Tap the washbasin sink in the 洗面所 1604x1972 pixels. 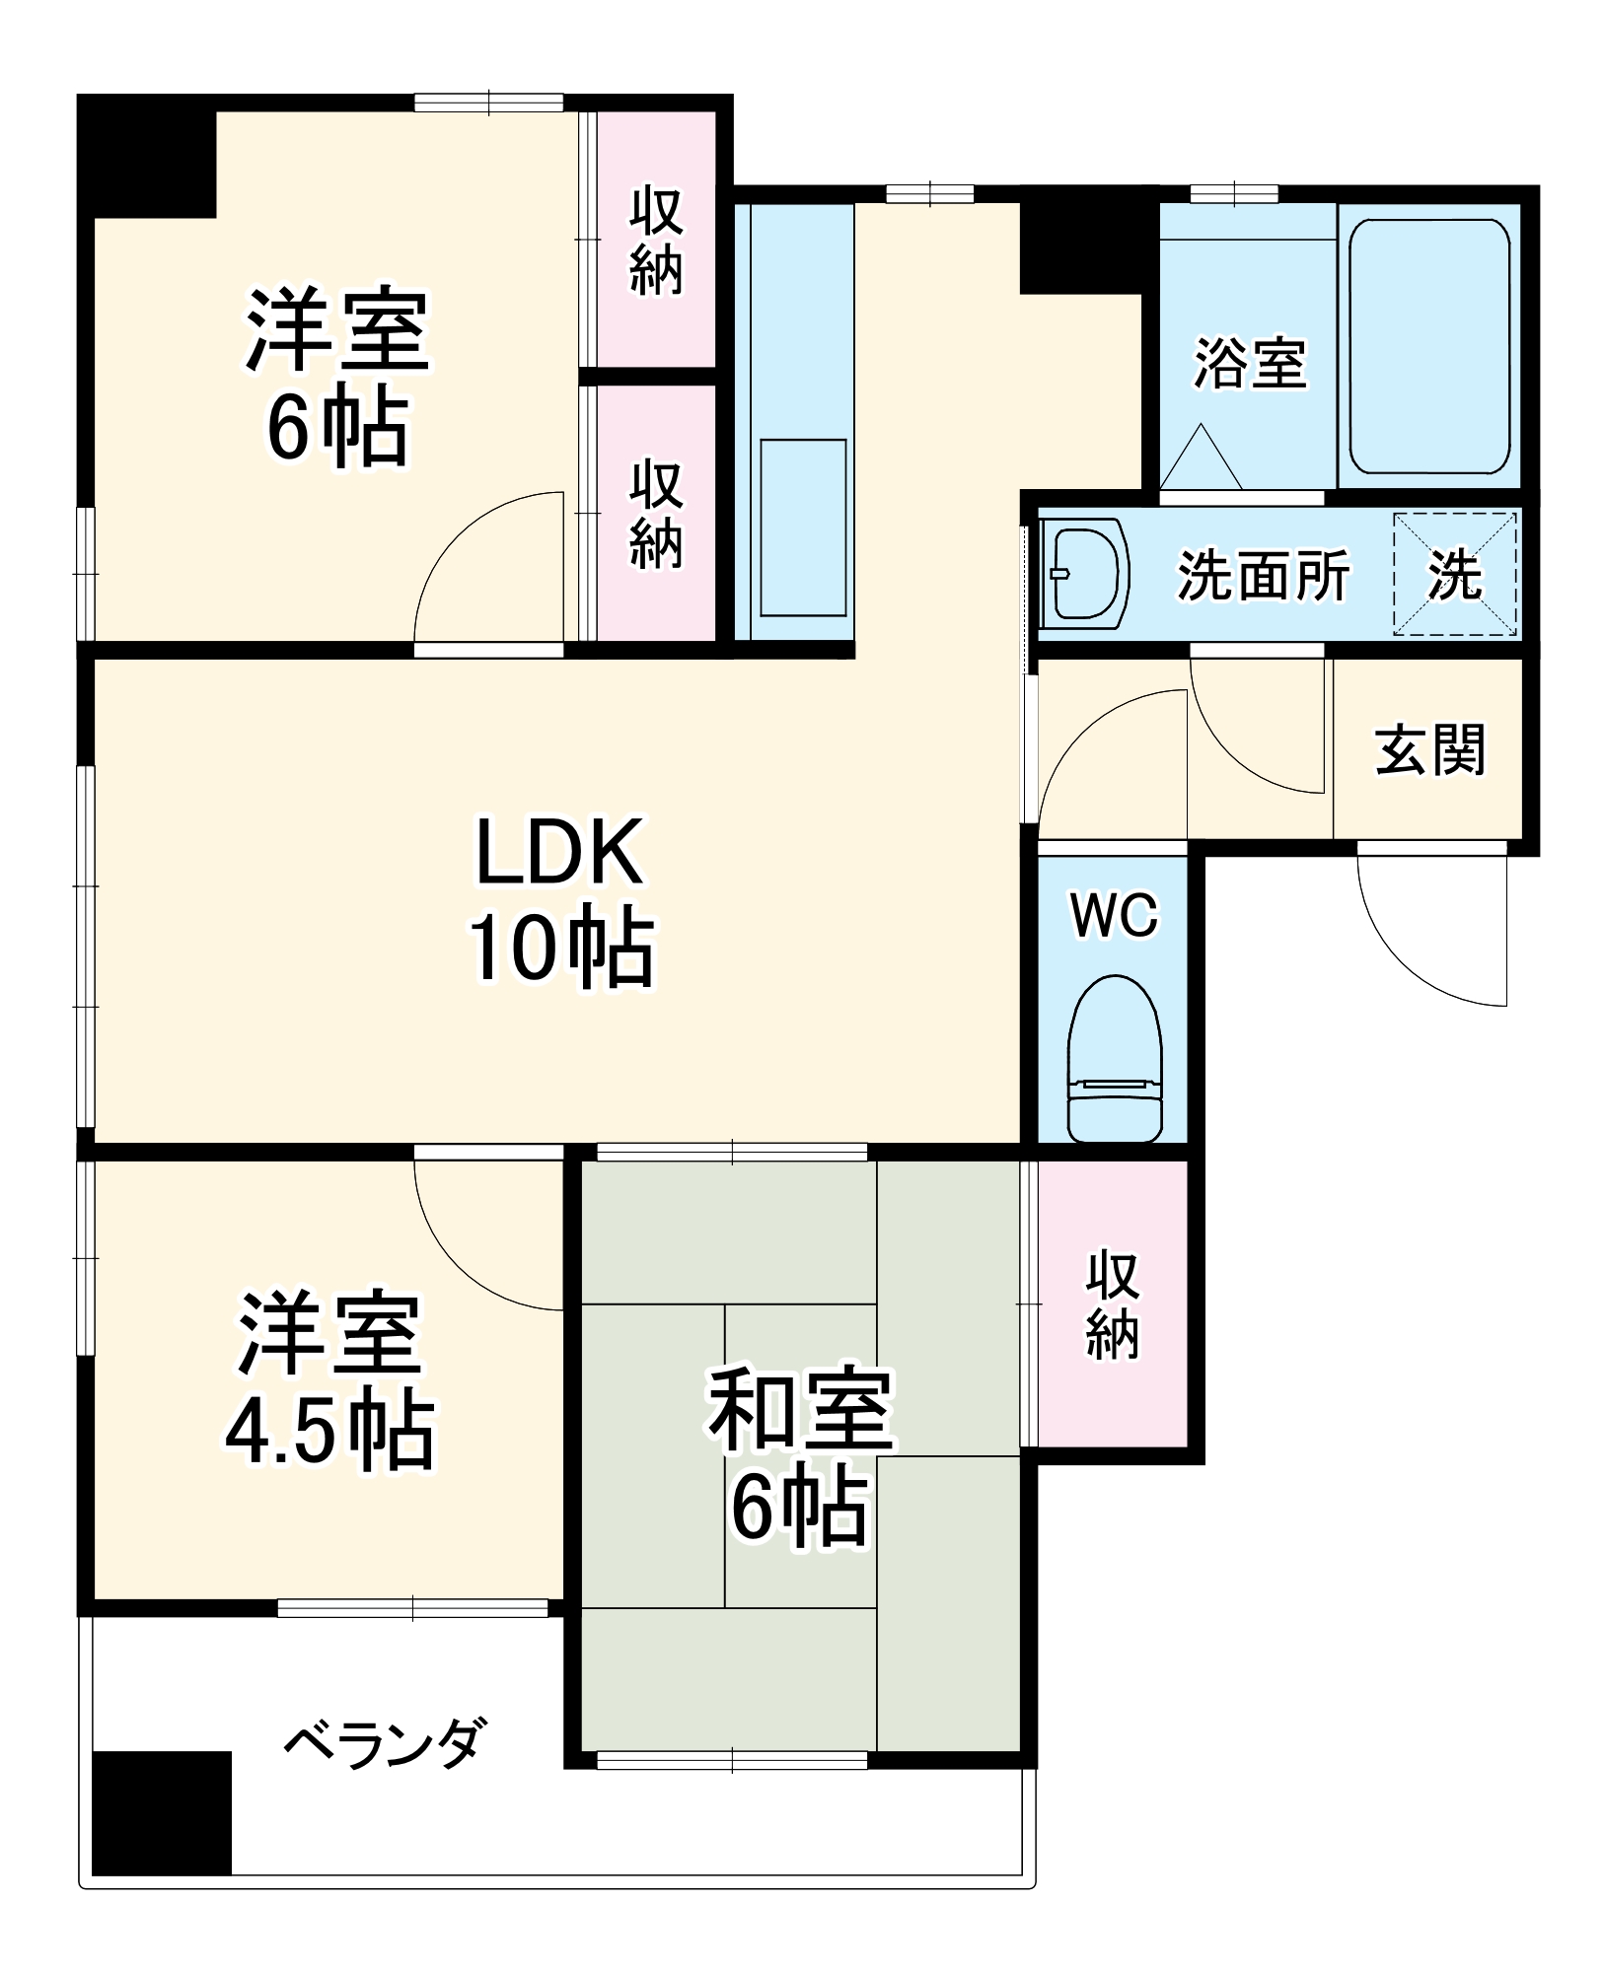(x=1085, y=575)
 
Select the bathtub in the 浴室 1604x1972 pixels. (x=1428, y=347)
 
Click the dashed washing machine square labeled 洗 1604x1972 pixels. (x=1454, y=574)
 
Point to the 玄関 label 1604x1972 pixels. (x=1429, y=750)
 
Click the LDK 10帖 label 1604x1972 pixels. (x=559, y=899)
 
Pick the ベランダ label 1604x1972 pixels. (x=385, y=1742)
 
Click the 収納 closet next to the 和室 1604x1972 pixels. (x=1112, y=1303)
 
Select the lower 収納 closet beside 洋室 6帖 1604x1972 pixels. (x=656, y=513)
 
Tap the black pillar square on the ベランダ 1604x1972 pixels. (x=162, y=1812)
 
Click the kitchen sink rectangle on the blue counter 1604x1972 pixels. (x=803, y=528)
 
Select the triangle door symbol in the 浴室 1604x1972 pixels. (x=1201, y=459)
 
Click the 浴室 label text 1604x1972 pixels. (x=1249, y=363)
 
